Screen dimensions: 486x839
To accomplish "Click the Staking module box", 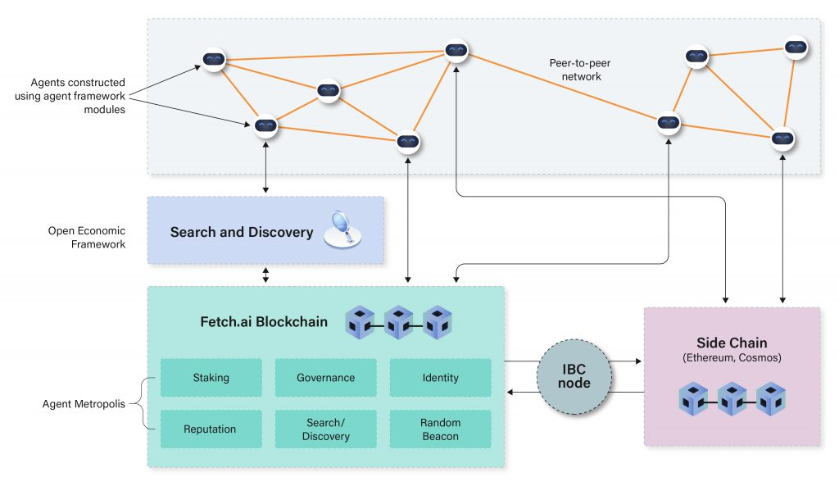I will [211, 378].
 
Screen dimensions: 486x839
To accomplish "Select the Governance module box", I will [325, 378].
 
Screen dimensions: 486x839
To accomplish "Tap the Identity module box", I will [440, 378].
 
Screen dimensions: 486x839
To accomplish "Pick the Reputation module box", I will [211, 429].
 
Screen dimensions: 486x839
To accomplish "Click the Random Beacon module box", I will [440, 429].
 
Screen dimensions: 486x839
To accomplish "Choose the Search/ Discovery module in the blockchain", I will [325, 429].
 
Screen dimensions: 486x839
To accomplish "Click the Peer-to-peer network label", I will [575, 70].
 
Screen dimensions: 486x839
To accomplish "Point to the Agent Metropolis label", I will [86, 404].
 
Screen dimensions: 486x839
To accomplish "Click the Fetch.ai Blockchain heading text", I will [264, 322].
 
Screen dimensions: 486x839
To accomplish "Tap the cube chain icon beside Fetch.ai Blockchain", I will [399, 322].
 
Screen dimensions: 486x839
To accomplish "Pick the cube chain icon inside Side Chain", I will [732, 399].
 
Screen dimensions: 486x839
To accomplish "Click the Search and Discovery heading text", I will [242, 232].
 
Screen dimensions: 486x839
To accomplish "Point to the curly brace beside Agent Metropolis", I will [147, 403].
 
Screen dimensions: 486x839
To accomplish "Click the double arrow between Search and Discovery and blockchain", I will [265, 275].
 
